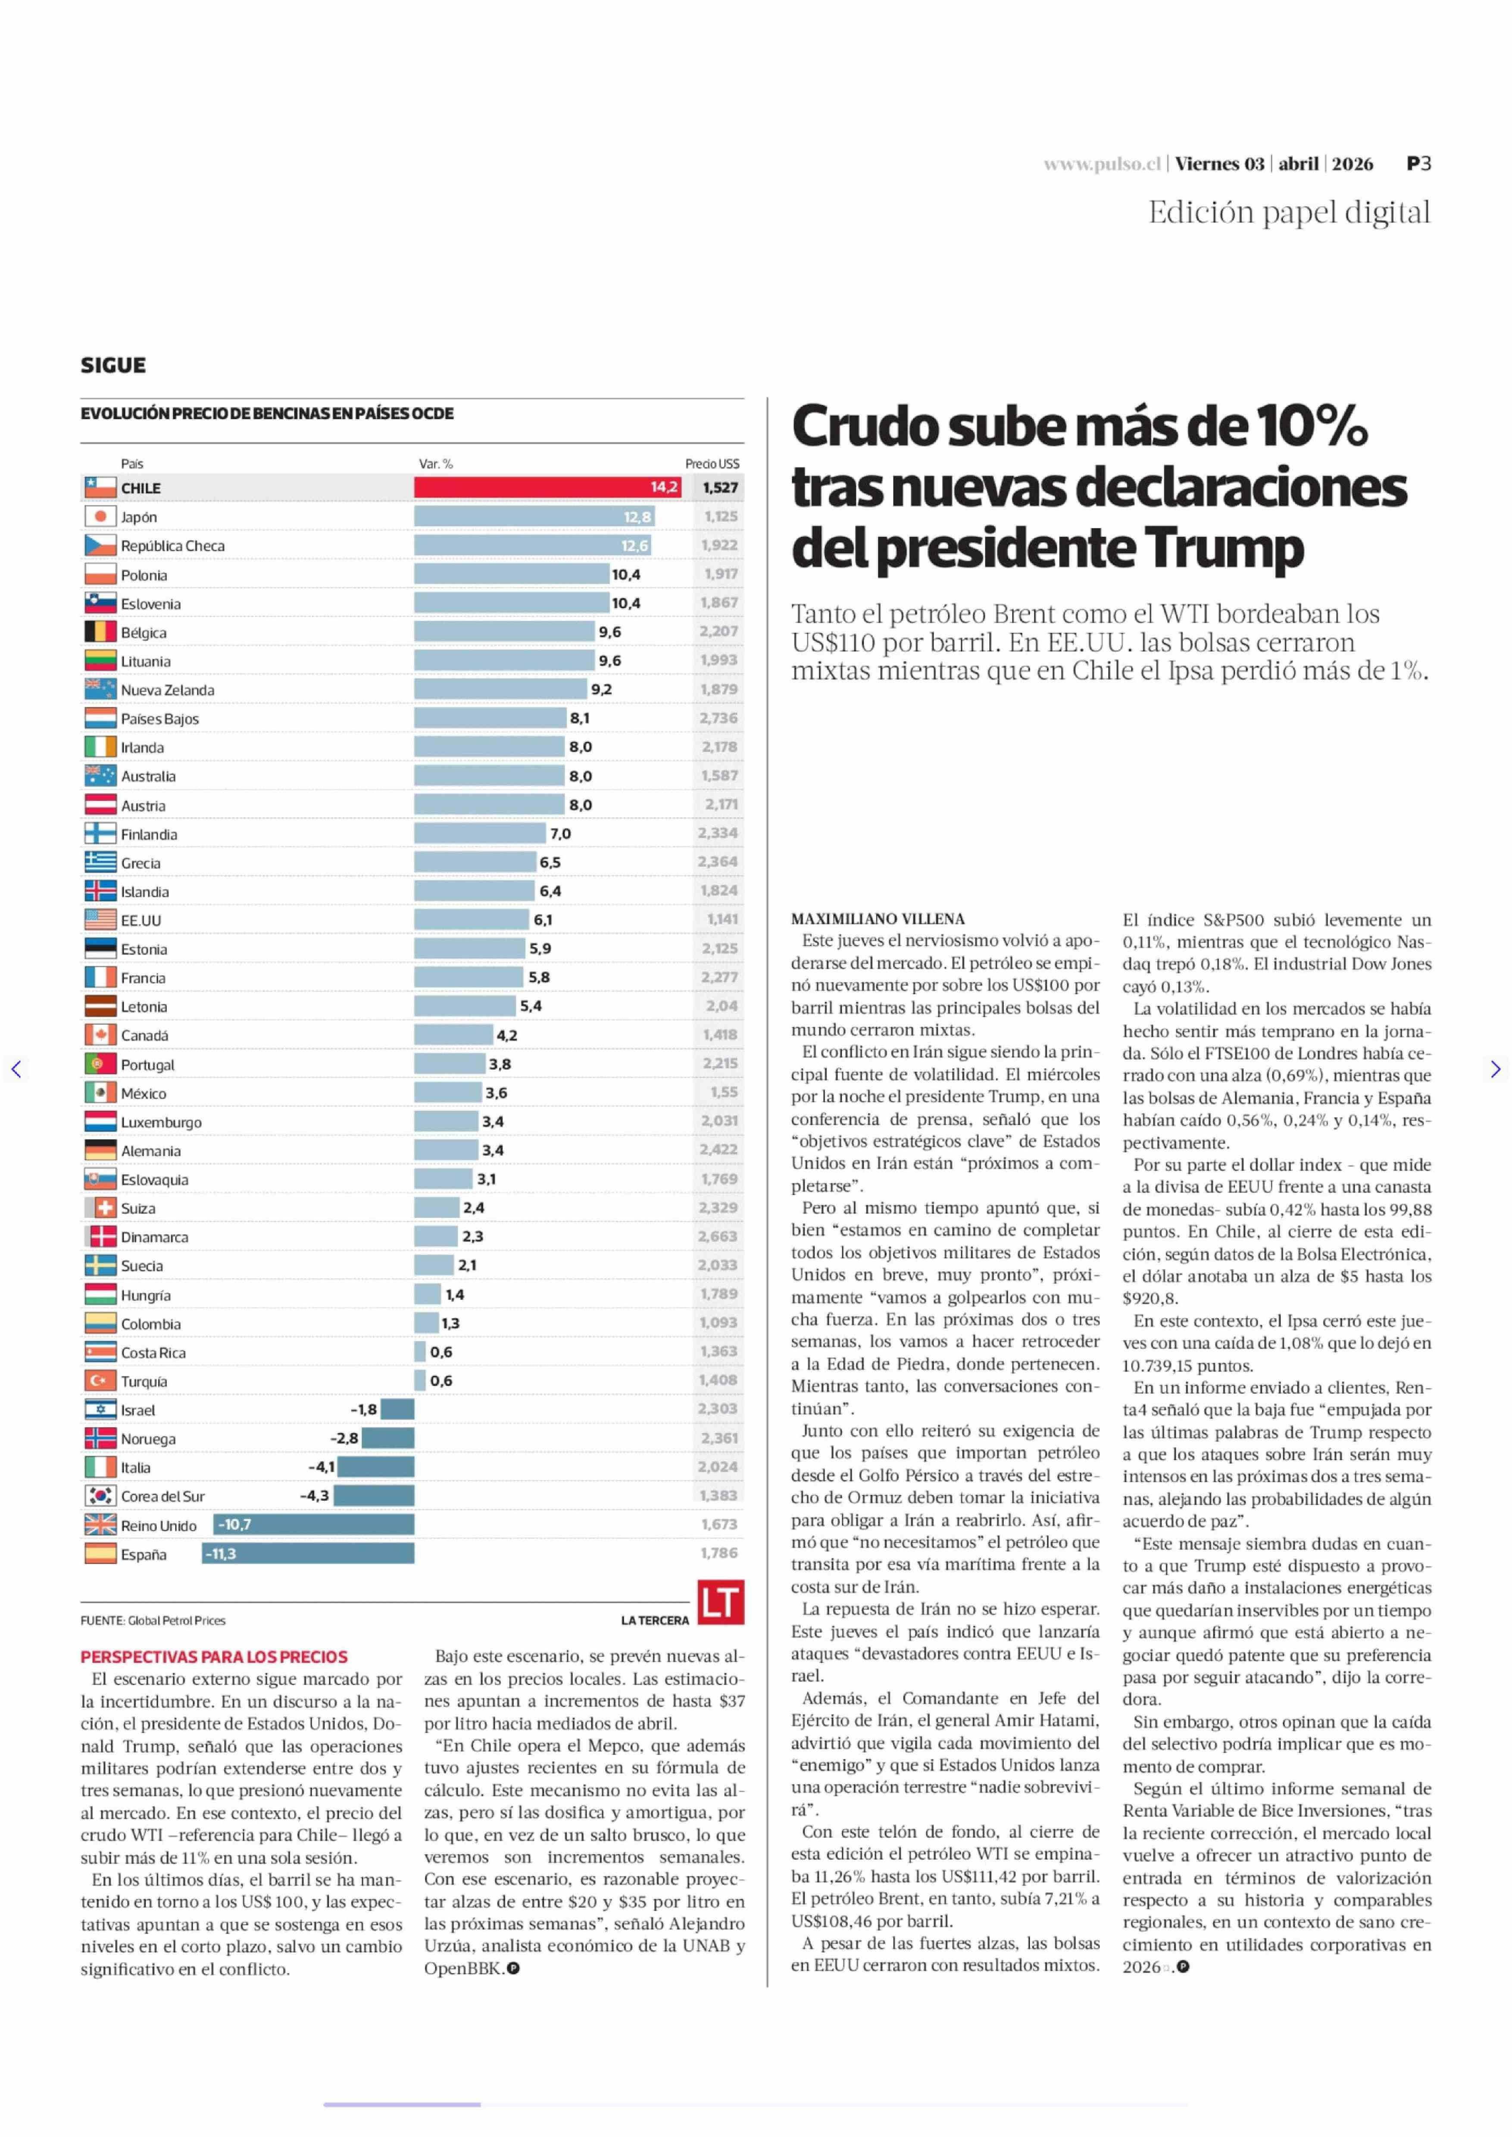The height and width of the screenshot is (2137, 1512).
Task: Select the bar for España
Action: click(308, 1553)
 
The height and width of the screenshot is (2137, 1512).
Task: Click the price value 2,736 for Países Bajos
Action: click(719, 718)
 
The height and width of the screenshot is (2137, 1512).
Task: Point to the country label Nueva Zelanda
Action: click(168, 690)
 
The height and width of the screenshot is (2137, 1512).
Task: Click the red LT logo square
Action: click(721, 1602)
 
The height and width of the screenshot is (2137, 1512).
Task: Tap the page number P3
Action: click(1419, 164)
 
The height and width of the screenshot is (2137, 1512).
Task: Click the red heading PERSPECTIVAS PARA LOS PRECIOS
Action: click(214, 1656)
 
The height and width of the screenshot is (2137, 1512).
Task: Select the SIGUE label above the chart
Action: click(112, 365)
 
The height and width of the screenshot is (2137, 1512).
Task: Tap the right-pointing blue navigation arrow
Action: click(1495, 1069)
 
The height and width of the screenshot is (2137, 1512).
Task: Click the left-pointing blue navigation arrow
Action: click(16, 1069)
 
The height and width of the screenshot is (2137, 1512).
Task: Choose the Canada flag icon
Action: click(100, 1034)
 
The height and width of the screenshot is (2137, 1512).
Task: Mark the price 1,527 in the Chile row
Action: click(720, 487)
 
